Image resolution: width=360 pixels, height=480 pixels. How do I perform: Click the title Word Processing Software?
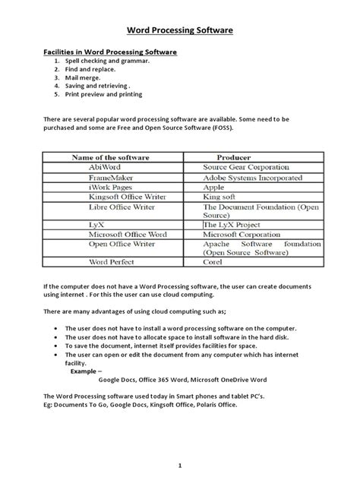click(179, 30)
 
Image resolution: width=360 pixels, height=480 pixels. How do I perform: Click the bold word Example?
click(85, 373)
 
